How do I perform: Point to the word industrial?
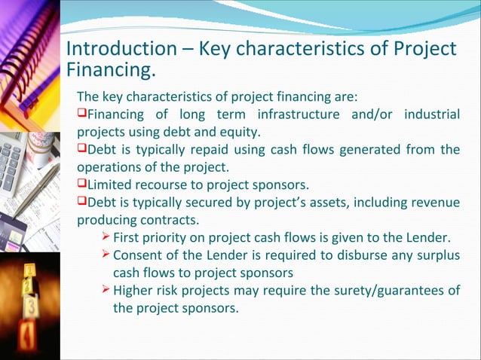[426, 115]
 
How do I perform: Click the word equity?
[237, 133]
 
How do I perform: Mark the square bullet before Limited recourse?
[82, 185]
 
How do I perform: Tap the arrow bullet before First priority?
[105, 238]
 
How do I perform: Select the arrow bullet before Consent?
[105, 255]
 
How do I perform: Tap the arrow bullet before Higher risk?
[105, 291]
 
